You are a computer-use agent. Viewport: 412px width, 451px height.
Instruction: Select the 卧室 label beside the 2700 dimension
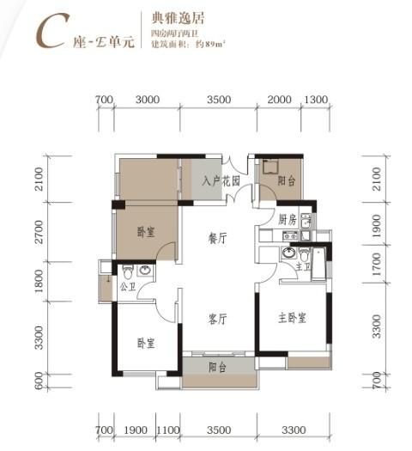145,232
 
